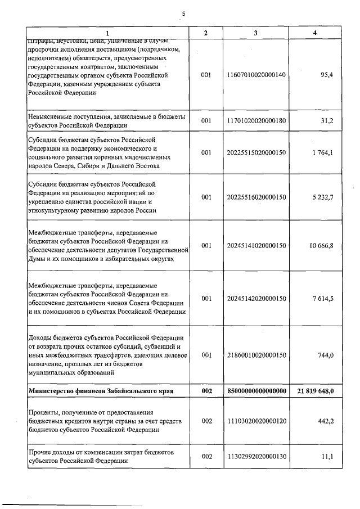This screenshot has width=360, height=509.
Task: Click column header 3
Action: pyautogui.click(x=255, y=33)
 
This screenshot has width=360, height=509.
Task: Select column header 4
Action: pyautogui.click(x=314, y=33)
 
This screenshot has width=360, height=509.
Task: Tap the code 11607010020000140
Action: pyautogui.click(x=255, y=74)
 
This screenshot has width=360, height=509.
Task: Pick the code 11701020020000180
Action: pyautogui.click(x=255, y=120)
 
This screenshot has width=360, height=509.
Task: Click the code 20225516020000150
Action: pyautogui.click(x=255, y=197)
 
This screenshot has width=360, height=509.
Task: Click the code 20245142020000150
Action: pyautogui.click(x=255, y=298)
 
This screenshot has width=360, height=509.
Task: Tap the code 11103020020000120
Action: pyautogui.click(x=255, y=421)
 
